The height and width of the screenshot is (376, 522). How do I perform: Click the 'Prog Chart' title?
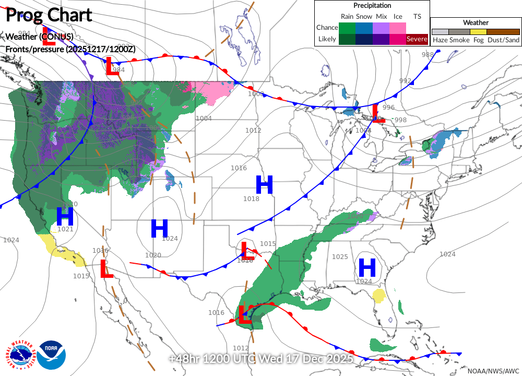pyautogui.click(x=49, y=15)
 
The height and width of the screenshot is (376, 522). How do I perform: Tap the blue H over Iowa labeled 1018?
pyautogui.click(x=264, y=185)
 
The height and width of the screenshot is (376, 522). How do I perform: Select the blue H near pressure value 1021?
pyautogui.click(x=65, y=216)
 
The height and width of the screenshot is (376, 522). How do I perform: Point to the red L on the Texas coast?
pyautogui.click(x=243, y=314)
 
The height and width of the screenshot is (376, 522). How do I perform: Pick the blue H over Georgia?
pyautogui.click(x=367, y=268)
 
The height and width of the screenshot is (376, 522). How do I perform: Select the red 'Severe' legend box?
pyautogui.click(x=417, y=39)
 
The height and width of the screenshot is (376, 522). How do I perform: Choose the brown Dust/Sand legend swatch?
pyautogui.click(x=503, y=32)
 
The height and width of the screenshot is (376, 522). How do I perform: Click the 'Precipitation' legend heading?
pyautogui.click(x=372, y=5)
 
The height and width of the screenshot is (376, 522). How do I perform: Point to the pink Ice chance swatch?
pyautogui.click(x=398, y=28)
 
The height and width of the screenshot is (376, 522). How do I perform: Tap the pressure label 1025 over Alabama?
pyautogui.click(x=340, y=257)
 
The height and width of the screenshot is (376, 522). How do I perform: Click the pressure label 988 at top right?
pyautogui.click(x=428, y=55)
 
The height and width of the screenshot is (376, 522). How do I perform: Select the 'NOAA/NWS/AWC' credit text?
pyautogui.click(x=493, y=370)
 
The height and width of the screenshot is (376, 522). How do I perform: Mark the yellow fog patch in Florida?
pyautogui.click(x=379, y=296)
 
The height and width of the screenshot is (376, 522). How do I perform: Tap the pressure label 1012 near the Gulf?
pyautogui.click(x=241, y=348)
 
